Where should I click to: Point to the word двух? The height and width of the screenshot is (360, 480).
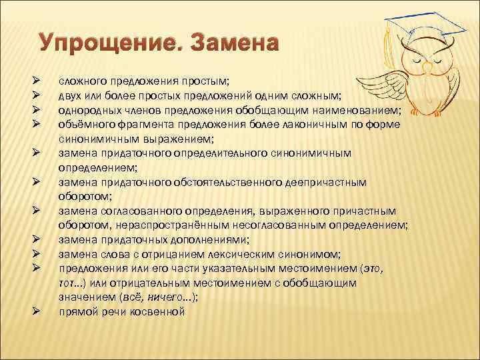point(71,95)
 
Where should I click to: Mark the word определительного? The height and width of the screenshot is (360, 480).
point(220,153)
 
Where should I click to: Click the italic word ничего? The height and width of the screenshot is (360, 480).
point(161,297)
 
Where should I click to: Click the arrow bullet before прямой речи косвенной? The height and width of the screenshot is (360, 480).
point(37,311)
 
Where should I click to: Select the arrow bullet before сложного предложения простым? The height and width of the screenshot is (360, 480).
point(37,81)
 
